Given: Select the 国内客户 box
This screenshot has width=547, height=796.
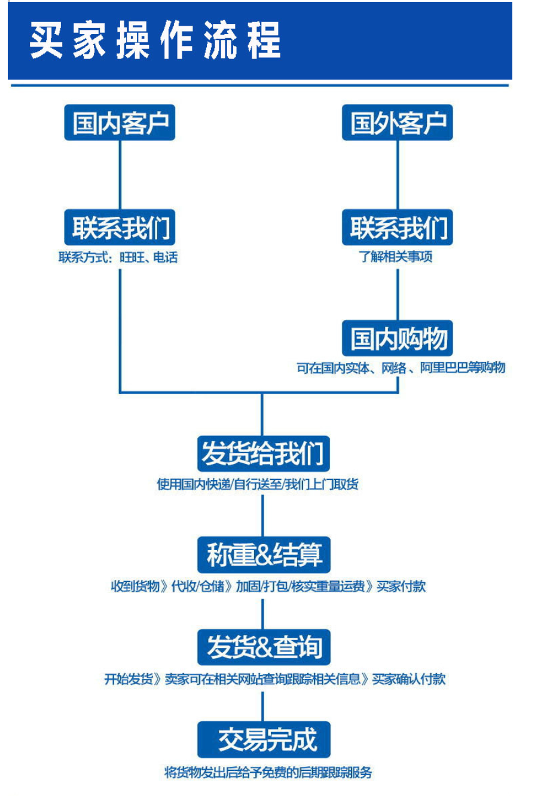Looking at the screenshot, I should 120,123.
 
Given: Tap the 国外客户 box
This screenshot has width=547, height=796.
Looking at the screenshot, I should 398,123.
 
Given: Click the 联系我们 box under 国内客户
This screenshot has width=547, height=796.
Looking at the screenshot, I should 120,228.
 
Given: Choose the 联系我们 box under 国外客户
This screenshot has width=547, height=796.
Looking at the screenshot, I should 398,228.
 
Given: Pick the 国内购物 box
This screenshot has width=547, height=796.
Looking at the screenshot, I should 398,339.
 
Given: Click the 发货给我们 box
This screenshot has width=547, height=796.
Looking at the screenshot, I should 263,453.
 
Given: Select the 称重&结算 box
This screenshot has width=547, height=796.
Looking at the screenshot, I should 263,555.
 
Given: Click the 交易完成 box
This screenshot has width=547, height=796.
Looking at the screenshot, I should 263,740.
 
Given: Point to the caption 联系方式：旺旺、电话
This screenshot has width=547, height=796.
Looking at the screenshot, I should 118,258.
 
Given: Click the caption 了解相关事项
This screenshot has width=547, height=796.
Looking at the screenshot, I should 395,257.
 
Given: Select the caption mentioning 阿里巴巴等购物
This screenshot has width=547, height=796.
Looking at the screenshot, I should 401,368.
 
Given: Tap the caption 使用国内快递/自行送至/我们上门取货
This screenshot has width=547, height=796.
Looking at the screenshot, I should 258,484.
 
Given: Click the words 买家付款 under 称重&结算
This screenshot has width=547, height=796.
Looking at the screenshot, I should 401,586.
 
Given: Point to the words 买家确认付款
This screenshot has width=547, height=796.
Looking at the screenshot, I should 409,679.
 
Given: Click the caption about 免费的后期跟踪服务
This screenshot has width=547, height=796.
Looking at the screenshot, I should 268,773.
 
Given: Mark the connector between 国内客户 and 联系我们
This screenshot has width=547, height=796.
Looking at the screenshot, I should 120,174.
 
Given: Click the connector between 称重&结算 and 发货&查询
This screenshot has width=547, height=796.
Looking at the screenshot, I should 263,613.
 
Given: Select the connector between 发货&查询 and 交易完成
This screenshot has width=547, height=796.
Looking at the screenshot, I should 263,706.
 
